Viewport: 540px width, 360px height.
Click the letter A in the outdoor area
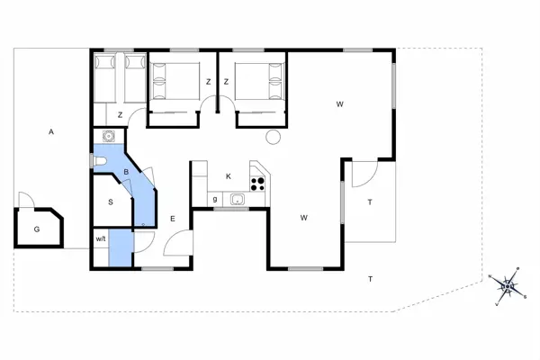(x=52, y=132)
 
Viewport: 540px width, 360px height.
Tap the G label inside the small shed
(x=37, y=229)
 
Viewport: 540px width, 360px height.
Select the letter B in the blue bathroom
(x=127, y=172)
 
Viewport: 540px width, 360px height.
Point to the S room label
(x=111, y=202)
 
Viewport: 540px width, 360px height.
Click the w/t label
(x=101, y=239)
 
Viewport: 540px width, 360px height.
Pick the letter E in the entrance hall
(x=172, y=219)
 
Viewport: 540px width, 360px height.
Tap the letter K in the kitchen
(x=229, y=175)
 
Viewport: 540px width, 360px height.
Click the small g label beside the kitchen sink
(x=215, y=198)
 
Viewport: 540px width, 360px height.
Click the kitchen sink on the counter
(x=238, y=200)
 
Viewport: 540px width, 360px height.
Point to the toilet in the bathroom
(x=100, y=162)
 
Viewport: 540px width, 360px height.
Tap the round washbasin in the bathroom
(x=109, y=137)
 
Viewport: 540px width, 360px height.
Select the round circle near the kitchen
(x=273, y=136)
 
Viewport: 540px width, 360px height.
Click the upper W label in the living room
(x=340, y=104)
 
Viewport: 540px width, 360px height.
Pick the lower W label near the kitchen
(x=305, y=218)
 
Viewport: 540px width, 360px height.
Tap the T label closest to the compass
(x=370, y=279)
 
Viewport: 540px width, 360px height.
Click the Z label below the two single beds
(x=120, y=115)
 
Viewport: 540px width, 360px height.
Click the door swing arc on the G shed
(x=24, y=199)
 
